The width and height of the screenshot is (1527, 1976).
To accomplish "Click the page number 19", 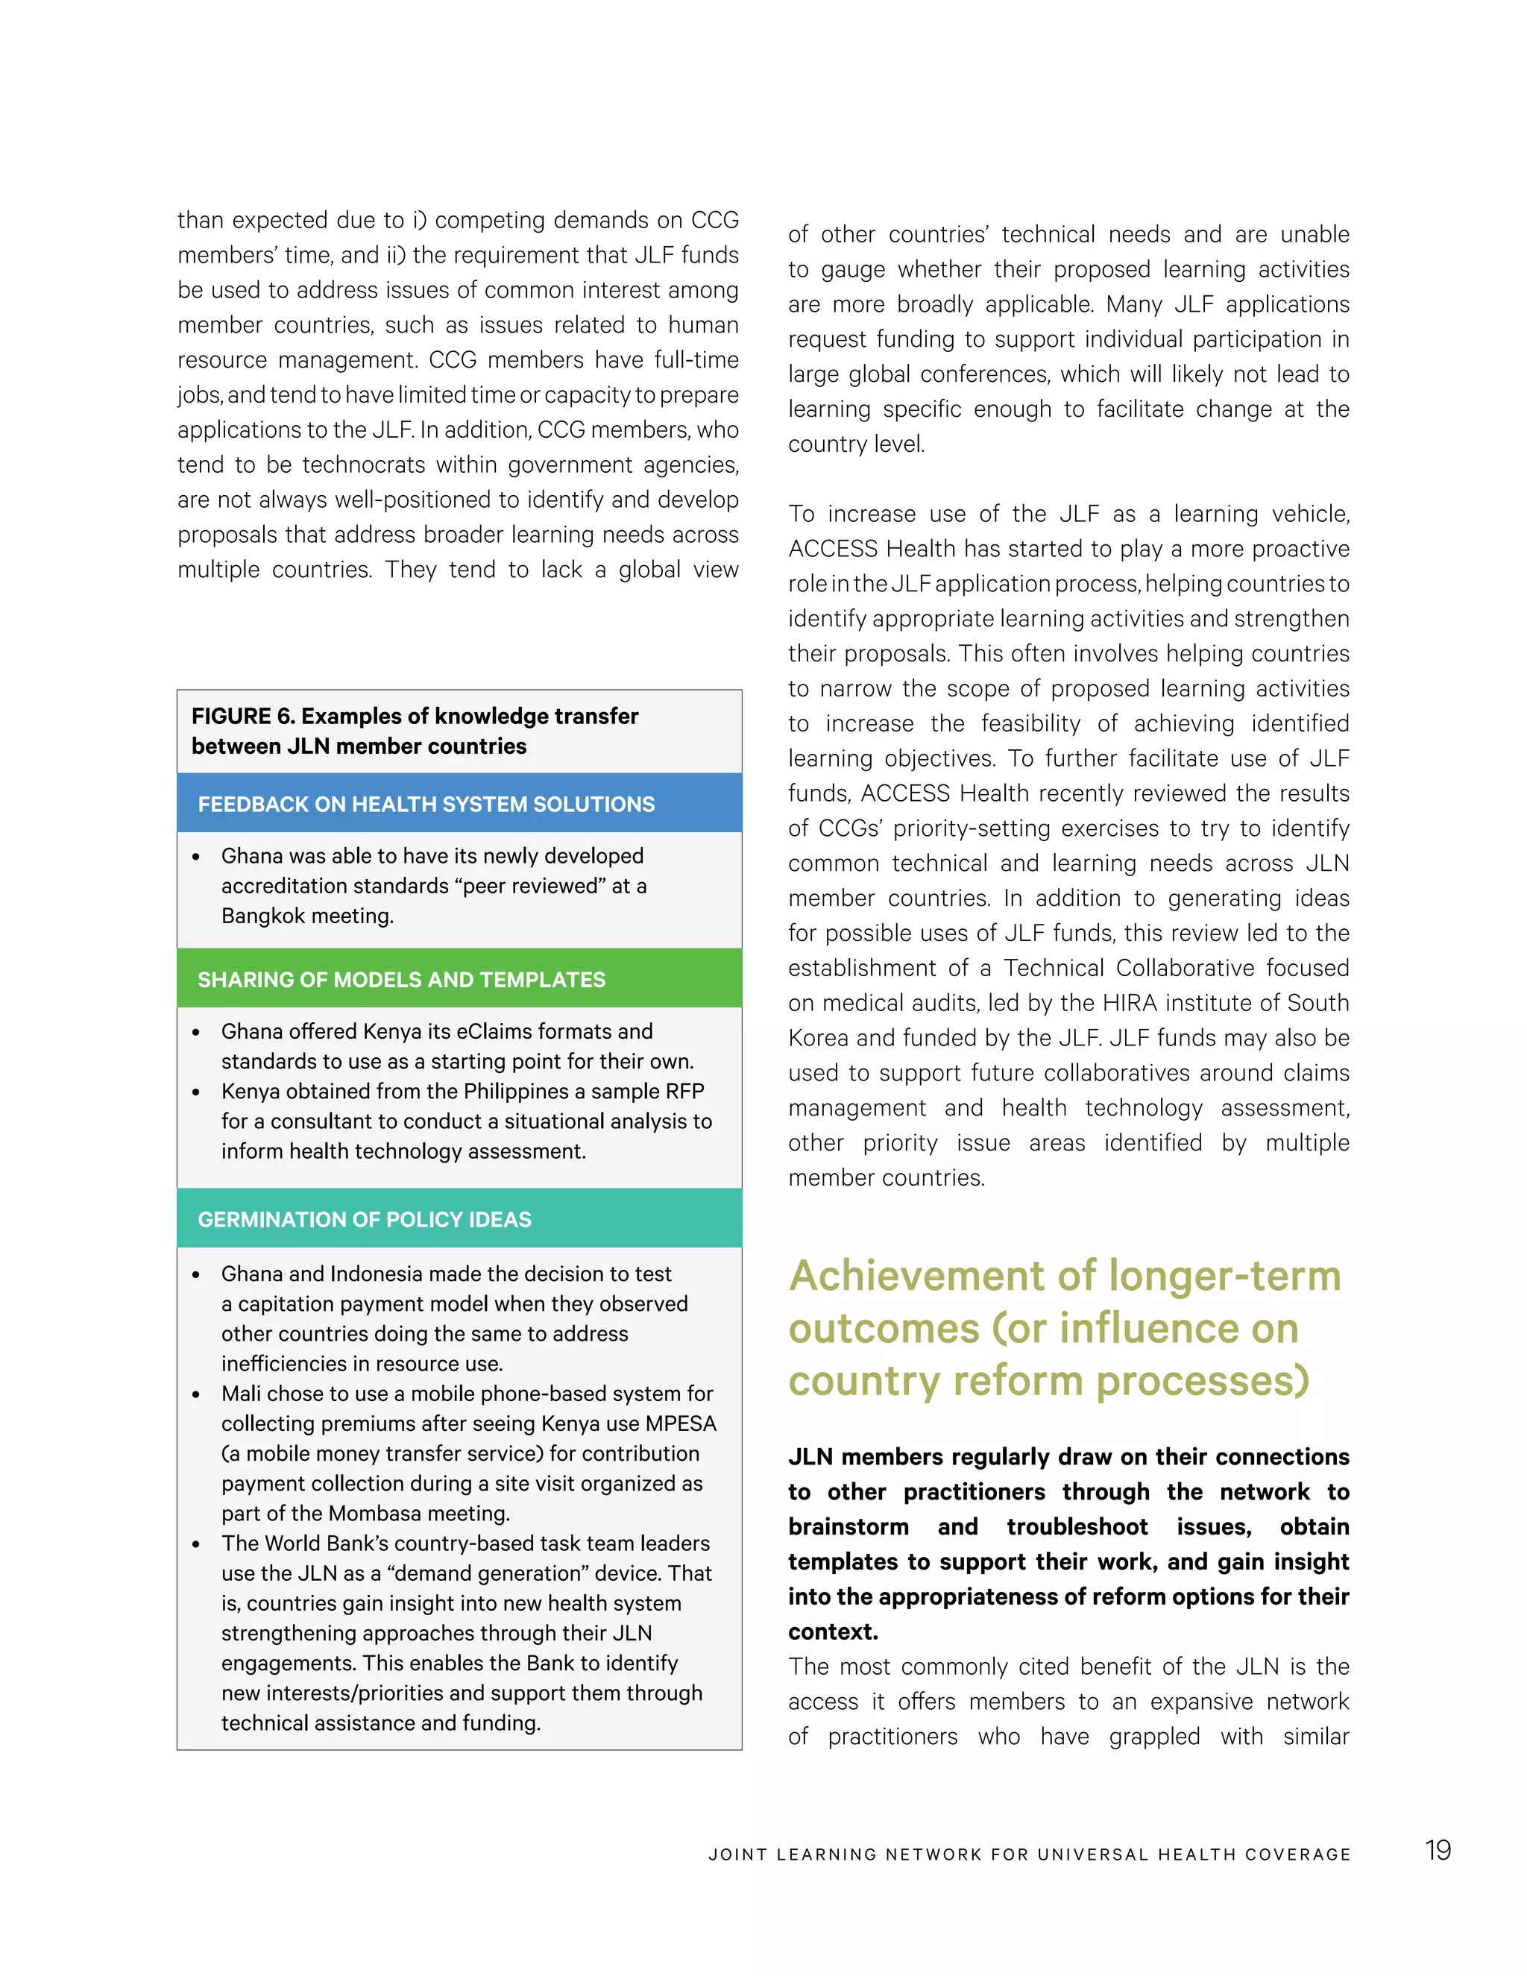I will click(x=1438, y=1849).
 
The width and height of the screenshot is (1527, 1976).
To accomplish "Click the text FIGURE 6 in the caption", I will click(x=242, y=716).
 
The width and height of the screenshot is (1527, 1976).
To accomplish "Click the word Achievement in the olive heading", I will click(x=917, y=1276).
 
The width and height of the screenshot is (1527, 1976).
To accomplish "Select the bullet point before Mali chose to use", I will click(x=196, y=1394).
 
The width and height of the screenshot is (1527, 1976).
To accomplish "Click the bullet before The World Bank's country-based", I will click(x=196, y=1544).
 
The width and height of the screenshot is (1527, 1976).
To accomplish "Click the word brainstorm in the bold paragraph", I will click(x=848, y=1526).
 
